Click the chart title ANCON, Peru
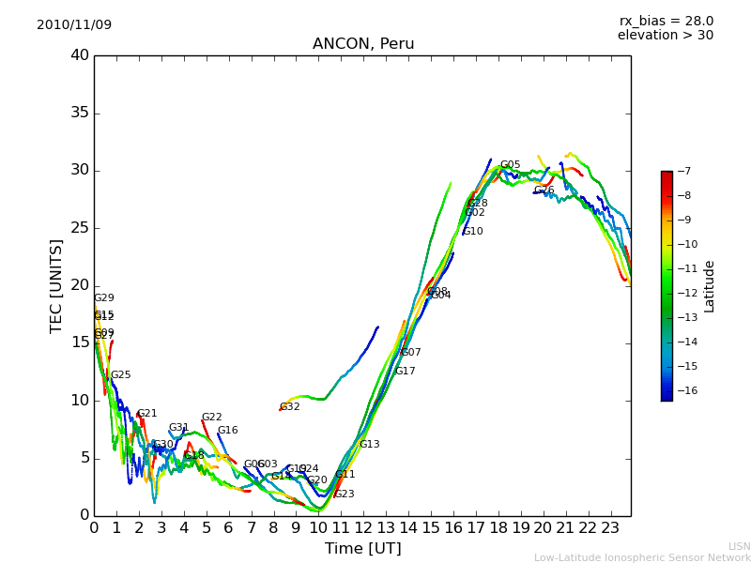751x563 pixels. [363, 44]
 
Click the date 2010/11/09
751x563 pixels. [74, 24]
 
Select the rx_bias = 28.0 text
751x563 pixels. [667, 21]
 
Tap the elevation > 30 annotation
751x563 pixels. [666, 36]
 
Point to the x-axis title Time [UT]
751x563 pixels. [363, 548]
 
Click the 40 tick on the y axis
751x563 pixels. [80, 55]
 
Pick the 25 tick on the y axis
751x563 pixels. [80, 228]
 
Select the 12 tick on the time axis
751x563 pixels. [363, 528]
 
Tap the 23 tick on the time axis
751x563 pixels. [610, 528]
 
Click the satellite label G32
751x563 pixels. [289, 407]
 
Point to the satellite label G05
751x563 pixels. [510, 165]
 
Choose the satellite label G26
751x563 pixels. [544, 190]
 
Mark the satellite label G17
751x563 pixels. [405, 372]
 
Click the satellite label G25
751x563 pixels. [121, 375]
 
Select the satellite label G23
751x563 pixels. [344, 495]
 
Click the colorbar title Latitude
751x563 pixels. [710, 286]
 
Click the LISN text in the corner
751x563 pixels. [739, 546]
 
